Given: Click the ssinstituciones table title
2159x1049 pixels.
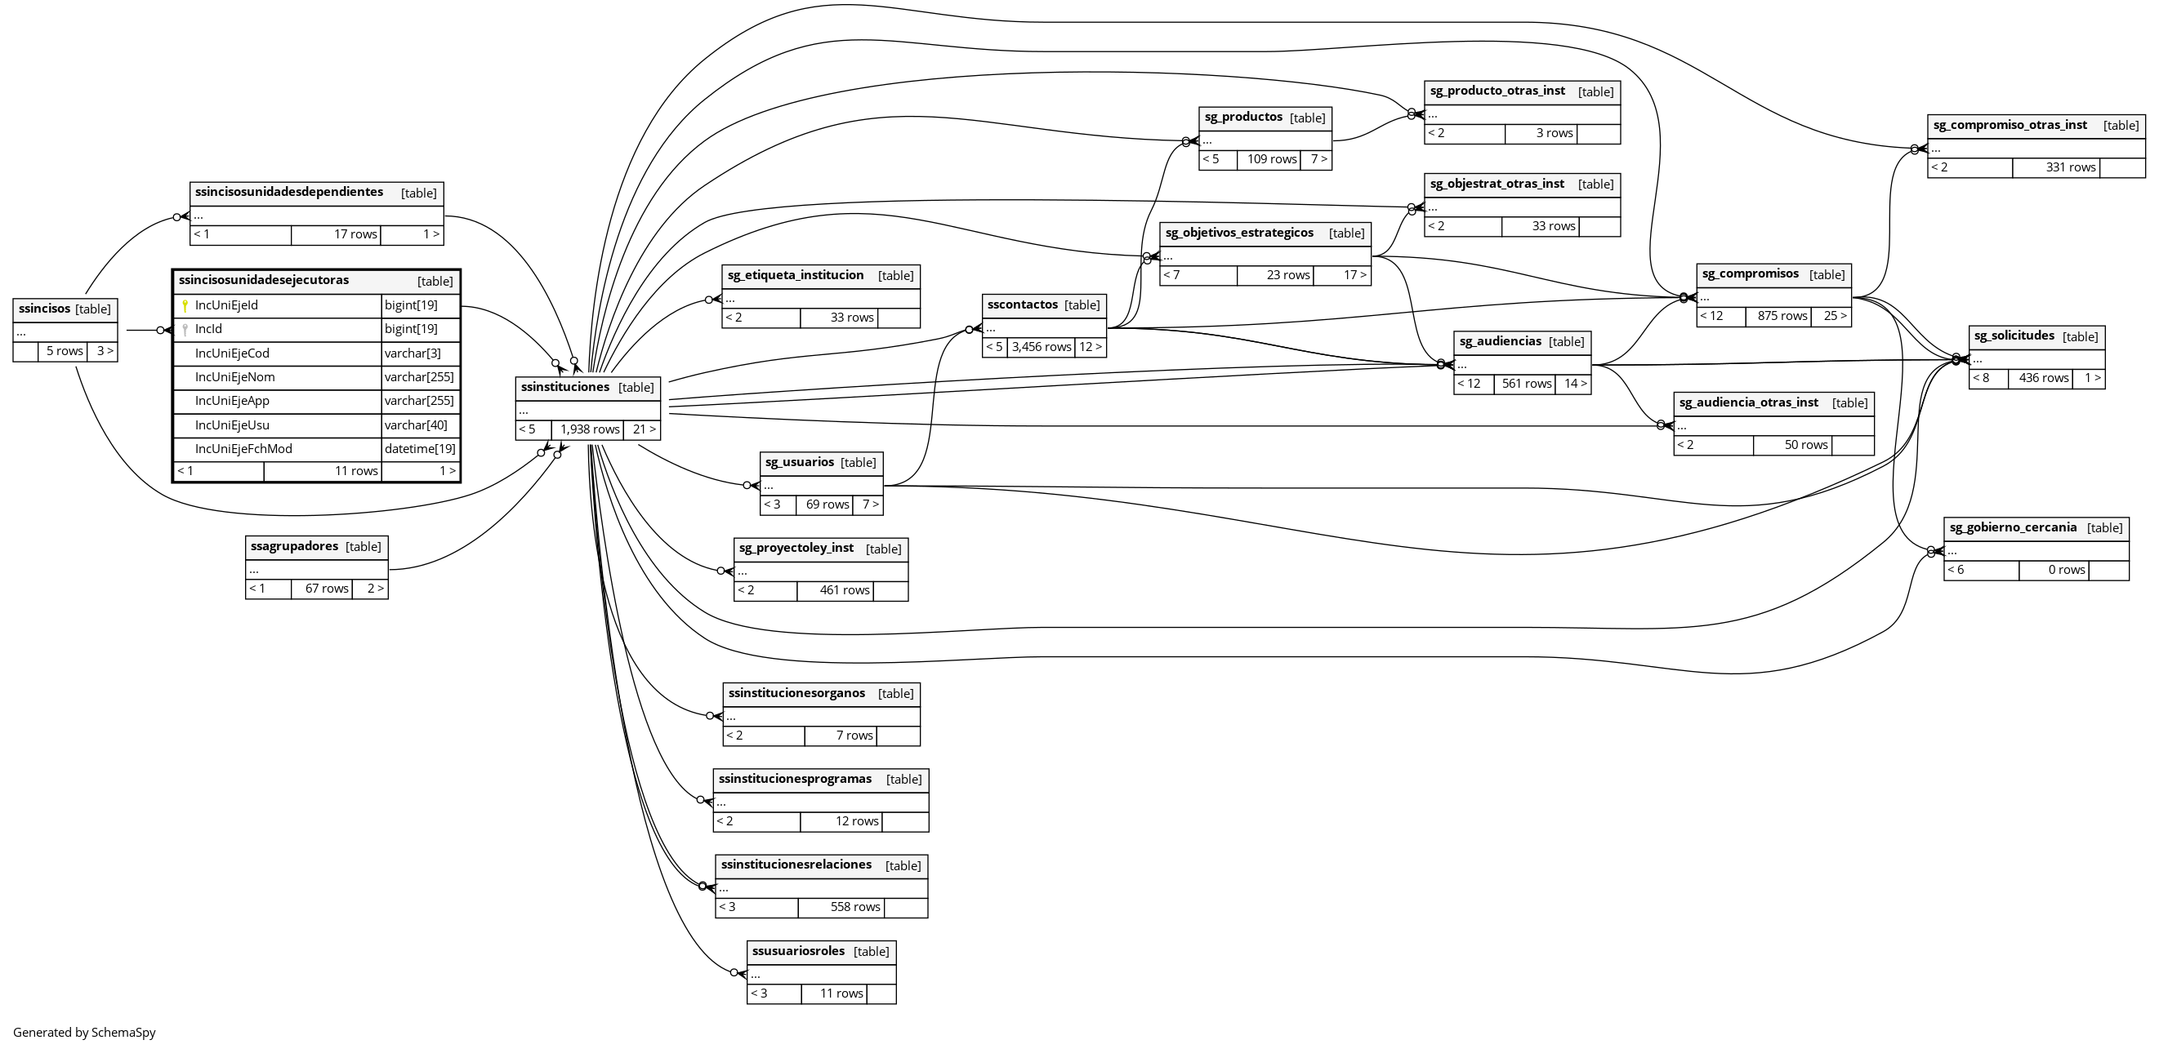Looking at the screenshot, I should click(565, 387).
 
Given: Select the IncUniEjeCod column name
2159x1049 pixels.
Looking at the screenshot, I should click(232, 353).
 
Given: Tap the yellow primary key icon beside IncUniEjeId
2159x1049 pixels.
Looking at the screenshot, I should click(185, 306).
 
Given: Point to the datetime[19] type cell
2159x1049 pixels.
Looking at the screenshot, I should click(420, 449).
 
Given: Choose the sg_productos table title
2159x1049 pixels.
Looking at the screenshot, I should click(1243, 118).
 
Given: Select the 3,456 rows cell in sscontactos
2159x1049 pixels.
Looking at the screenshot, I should click(1041, 347).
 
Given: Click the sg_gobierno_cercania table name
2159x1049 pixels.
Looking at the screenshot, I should click(2012, 528).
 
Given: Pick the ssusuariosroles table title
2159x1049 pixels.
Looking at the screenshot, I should click(798, 952).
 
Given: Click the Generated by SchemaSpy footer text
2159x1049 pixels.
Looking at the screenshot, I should click(85, 1033).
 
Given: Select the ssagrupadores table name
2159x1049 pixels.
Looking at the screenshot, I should click(294, 547).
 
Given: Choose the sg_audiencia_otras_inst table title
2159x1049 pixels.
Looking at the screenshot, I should click(1748, 403).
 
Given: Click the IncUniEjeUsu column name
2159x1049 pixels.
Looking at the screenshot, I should click(232, 425).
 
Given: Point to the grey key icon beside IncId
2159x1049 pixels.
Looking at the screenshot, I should click(185, 330).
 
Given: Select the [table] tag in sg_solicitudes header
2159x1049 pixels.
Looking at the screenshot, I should click(2081, 337).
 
